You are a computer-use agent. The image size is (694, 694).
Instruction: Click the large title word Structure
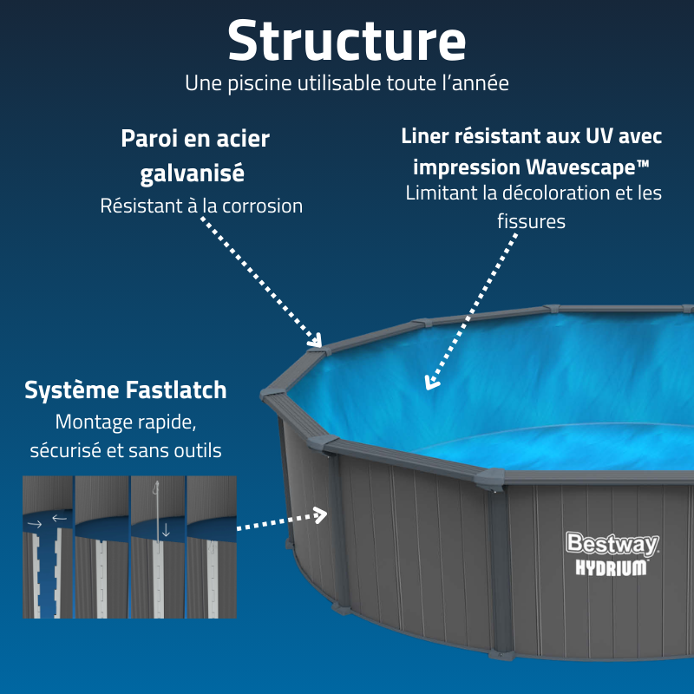[347, 41]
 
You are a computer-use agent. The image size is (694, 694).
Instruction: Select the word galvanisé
[193, 173]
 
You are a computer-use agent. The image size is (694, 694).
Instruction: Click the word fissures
[531, 221]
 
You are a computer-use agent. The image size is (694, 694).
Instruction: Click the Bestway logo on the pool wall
[612, 544]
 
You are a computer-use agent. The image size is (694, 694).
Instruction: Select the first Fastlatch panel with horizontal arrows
[47, 547]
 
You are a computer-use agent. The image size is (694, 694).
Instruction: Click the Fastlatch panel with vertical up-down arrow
[157, 547]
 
